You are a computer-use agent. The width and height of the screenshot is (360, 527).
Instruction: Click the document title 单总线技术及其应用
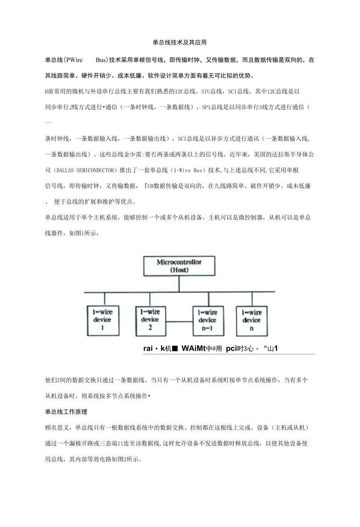[180, 42]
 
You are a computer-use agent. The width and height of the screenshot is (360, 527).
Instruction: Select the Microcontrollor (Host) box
[179, 266]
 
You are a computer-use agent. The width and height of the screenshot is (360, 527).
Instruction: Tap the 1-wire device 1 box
[103, 320]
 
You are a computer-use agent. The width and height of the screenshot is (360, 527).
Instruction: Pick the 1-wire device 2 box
[150, 320]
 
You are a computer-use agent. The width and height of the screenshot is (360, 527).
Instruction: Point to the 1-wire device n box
[252, 321]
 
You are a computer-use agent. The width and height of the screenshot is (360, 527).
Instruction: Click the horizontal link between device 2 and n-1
[180, 322]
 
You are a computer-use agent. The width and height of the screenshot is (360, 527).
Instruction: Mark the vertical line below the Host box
[179, 283]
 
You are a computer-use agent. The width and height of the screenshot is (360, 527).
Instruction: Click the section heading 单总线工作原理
[66, 411]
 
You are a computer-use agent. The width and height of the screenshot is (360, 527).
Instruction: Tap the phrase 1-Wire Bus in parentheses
[188, 170]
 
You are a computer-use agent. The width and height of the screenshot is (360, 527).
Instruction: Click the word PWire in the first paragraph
[74, 60]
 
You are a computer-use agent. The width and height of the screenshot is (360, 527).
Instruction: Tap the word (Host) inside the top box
[179, 270]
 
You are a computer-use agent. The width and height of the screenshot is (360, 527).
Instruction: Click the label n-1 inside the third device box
[207, 328]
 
